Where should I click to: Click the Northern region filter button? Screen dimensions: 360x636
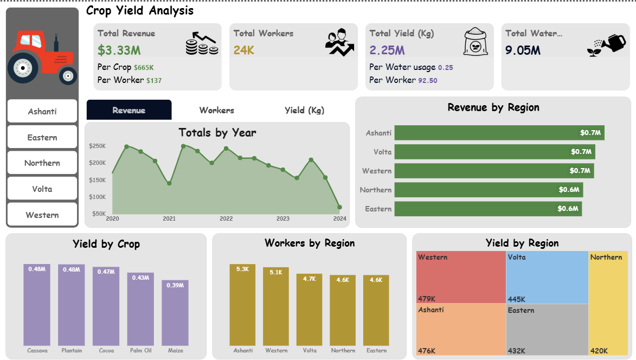click(42, 163)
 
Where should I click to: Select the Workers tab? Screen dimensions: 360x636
click(217, 110)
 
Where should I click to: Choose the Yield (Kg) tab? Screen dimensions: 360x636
click(304, 110)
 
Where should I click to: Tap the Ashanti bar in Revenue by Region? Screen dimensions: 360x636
click(499, 133)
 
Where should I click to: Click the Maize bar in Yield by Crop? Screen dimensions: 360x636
click(175, 313)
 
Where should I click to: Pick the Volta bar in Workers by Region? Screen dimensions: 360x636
click(309, 310)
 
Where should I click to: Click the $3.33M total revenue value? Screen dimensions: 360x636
click(119, 50)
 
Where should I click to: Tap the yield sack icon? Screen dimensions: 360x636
click(476, 42)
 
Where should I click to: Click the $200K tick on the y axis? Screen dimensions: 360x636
click(98, 163)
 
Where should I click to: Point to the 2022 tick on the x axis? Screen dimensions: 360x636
click(226, 218)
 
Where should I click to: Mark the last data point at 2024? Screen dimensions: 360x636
click(339, 207)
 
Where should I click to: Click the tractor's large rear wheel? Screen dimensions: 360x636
click(23, 67)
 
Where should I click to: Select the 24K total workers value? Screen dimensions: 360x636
click(244, 50)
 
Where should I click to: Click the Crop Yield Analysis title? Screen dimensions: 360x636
click(140, 10)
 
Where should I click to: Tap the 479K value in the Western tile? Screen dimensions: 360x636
click(427, 299)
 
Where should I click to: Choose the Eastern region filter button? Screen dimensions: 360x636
click(42, 138)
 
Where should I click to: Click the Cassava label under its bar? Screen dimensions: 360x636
click(37, 350)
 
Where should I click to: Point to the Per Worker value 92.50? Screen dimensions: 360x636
click(428, 80)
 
